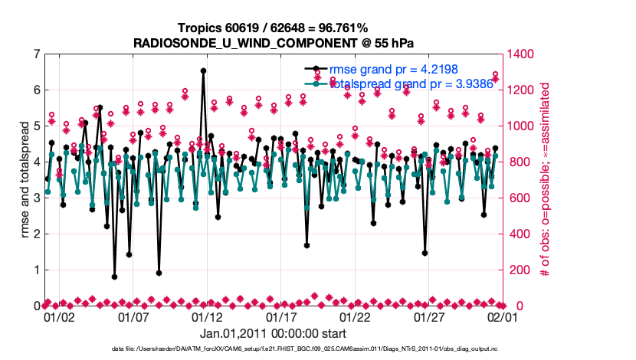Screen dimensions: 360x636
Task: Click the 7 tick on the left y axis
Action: [37, 54]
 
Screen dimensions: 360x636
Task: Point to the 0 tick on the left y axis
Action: [37, 306]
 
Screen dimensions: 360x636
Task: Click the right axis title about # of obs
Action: [546, 180]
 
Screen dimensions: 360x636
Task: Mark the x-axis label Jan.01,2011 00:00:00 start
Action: [273, 333]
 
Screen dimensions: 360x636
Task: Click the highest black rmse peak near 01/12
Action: [203, 70]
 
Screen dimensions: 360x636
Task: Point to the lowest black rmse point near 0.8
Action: [114, 277]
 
